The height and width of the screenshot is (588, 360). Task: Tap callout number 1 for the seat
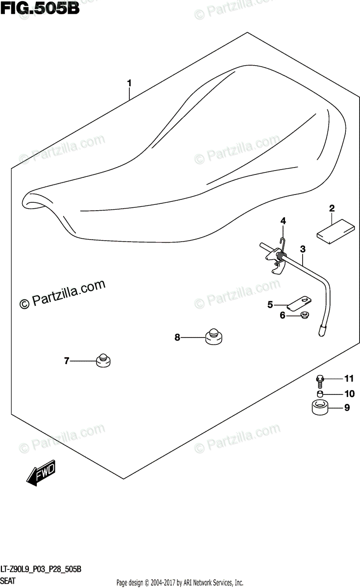129,84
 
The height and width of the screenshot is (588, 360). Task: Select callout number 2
332,209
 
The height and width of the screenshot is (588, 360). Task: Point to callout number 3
303,249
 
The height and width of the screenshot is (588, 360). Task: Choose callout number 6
282,316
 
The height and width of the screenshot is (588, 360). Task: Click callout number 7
67,362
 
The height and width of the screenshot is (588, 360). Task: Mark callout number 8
177,337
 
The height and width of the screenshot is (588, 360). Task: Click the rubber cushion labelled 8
214,337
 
